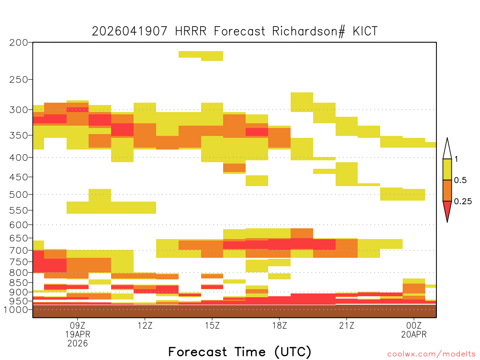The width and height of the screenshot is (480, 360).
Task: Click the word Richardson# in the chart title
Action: pos(308,31)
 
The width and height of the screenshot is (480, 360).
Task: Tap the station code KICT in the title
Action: pos(365,31)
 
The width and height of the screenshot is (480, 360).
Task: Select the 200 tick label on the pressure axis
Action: pos(19,43)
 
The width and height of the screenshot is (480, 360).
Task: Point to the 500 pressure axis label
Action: pos(19,195)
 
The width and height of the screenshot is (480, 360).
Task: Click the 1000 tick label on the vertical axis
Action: pos(15,309)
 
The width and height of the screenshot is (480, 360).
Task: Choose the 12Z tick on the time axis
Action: pos(145,325)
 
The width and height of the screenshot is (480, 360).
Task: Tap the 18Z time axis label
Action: pos(279,325)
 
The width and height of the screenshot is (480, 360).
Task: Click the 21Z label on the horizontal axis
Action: pos(346,325)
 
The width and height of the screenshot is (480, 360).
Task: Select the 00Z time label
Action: pos(414,325)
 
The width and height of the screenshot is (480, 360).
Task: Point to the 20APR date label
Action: pos(414,334)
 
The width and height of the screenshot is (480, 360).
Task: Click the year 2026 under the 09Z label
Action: pos(78,343)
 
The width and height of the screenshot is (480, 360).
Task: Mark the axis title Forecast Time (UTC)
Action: pos(240,352)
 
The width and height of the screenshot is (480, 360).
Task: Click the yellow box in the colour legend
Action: pos(447,169)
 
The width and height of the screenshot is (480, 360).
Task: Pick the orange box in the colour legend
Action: pos(447,190)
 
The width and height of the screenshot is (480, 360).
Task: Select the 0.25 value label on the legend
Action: pos(463,202)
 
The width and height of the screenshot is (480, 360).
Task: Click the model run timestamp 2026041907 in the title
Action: pos(129,31)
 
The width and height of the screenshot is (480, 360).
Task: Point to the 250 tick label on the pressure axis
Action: pos(19,80)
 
